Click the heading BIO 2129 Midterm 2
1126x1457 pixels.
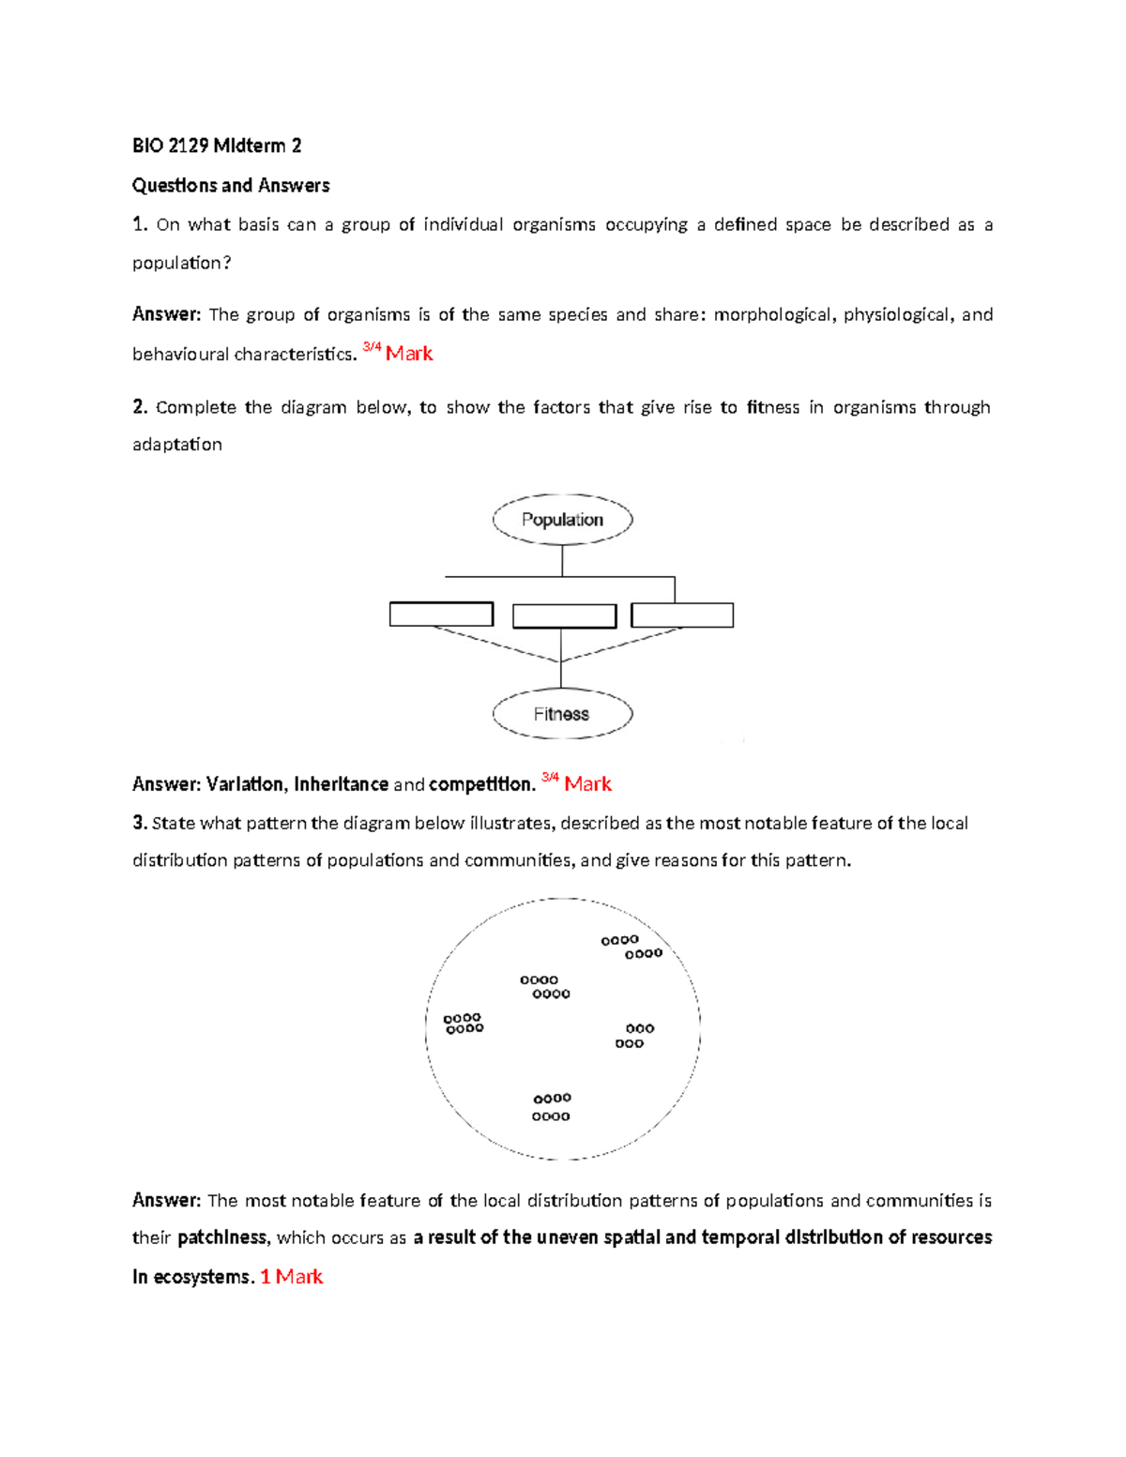click(x=217, y=145)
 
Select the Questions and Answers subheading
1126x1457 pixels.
click(x=231, y=186)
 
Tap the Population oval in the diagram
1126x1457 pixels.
click(x=562, y=520)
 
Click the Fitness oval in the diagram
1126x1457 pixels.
click(x=562, y=714)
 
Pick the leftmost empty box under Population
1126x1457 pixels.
click(x=441, y=615)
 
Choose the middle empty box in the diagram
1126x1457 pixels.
click(x=564, y=616)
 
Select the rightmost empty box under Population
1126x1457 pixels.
click(x=682, y=615)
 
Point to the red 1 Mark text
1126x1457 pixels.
click(x=291, y=1277)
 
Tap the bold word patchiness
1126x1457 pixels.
click(x=221, y=1237)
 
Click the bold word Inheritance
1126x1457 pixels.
click(x=341, y=784)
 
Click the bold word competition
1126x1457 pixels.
click(x=481, y=784)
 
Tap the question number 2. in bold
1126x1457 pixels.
click(x=141, y=407)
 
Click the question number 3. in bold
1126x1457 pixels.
click(x=141, y=823)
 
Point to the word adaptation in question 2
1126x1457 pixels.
click(x=177, y=445)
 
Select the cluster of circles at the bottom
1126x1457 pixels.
click(x=552, y=1107)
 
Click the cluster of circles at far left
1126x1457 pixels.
click(x=464, y=1024)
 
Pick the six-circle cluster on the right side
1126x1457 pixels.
click(x=635, y=1036)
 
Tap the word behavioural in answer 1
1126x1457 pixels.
click(x=180, y=355)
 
